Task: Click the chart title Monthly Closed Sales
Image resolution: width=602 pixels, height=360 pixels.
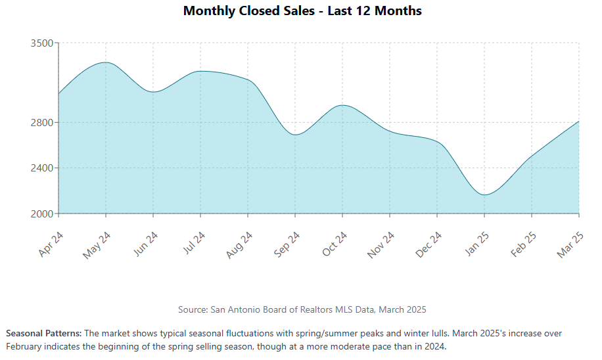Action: pyautogui.click(x=302, y=11)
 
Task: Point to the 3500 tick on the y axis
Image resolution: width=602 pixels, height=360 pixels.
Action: pyautogui.click(x=41, y=43)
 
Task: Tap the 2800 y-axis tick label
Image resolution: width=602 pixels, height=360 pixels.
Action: pyautogui.click(x=41, y=123)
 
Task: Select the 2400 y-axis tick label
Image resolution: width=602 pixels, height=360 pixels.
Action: pyautogui.click(x=41, y=168)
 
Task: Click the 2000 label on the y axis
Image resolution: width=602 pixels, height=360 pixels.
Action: pyautogui.click(x=41, y=214)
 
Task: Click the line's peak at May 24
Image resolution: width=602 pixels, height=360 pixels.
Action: pyautogui.click(x=105, y=62)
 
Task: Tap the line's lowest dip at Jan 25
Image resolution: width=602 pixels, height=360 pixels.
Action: pyautogui.click(x=484, y=195)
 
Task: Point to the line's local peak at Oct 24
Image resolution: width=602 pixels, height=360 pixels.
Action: pyautogui.click(x=342, y=105)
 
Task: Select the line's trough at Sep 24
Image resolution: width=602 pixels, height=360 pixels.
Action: pyautogui.click(x=296, y=135)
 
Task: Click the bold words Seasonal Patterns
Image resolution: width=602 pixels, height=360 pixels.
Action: pyautogui.click(x=43, y=334)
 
